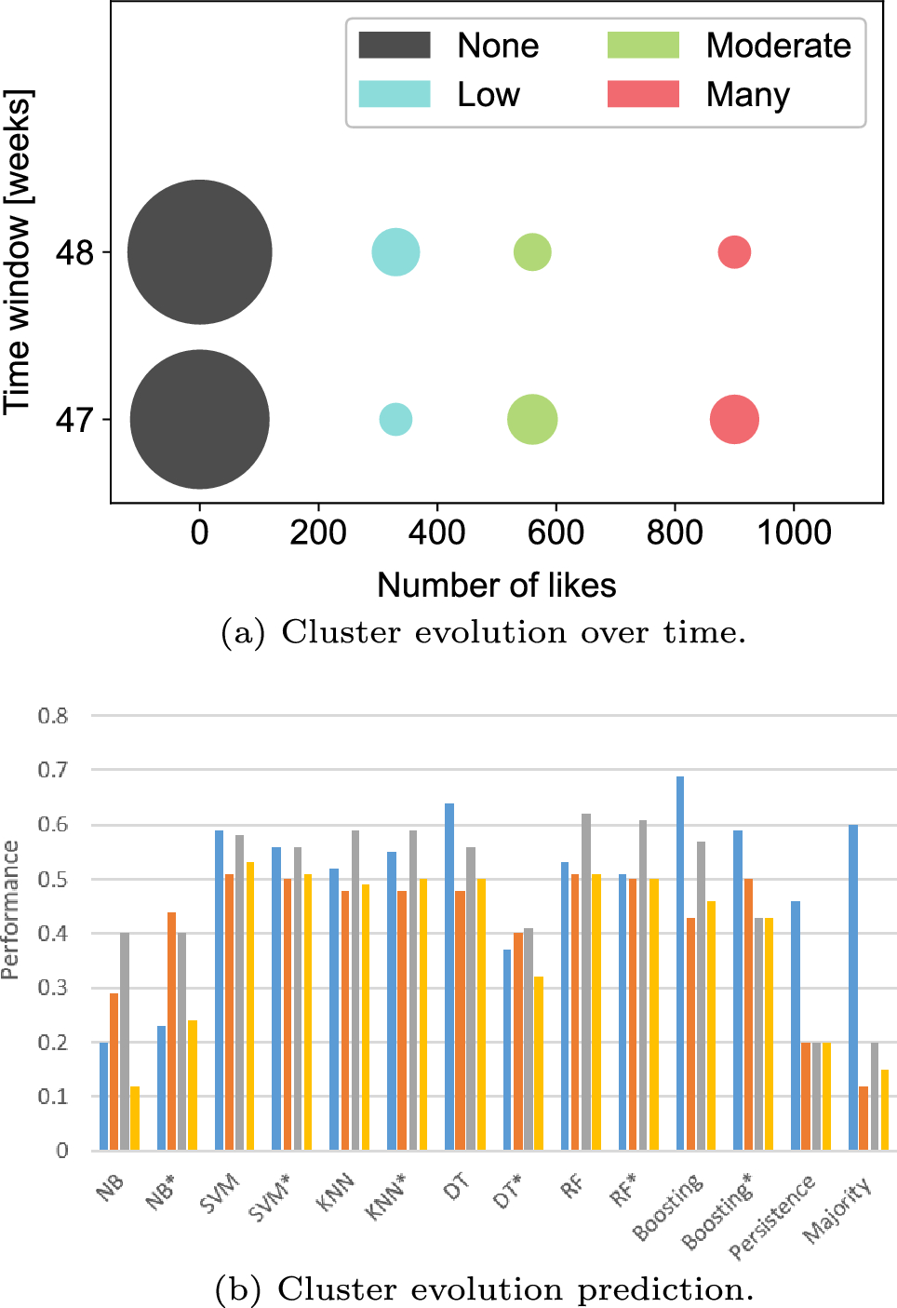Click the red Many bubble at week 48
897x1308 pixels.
pos(734,252)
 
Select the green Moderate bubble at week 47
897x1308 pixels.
pos(532,419)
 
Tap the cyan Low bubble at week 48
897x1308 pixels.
pos(395,252)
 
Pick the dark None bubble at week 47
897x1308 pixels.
pos(200,419)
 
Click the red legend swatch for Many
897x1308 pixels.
pos(643,94)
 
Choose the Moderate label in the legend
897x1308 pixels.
pos(779,46)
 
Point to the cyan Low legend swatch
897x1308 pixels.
pos(395,94)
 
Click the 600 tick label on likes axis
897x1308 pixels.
pos(556,533)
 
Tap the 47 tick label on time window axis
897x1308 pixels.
pos(74,420)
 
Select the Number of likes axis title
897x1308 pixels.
pos(497,585)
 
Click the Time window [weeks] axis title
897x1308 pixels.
pos(18,252)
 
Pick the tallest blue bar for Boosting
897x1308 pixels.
pos(680,963)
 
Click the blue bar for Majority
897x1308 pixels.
pos(853,988)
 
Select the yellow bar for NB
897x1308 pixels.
pos(135,1118)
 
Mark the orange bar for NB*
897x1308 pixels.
pos(171,1032)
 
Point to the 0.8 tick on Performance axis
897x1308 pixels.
pos(53,716)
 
